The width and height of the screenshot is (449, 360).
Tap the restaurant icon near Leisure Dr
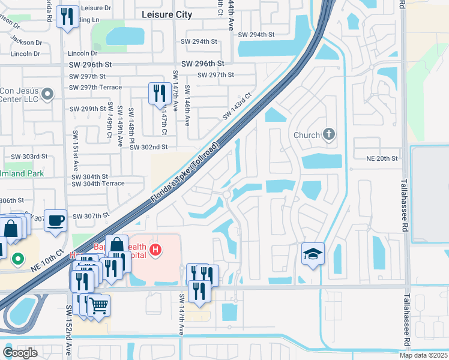click(67, 16)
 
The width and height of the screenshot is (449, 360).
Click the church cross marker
click(329, 134)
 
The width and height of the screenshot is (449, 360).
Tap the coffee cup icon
click(55, 220)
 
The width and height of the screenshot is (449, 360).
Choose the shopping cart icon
click(98, 305)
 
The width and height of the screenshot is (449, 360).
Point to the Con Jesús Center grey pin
click(49, 94)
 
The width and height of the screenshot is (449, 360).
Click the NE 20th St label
click(382, 158)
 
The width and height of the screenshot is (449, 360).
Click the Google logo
click(20, 352)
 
